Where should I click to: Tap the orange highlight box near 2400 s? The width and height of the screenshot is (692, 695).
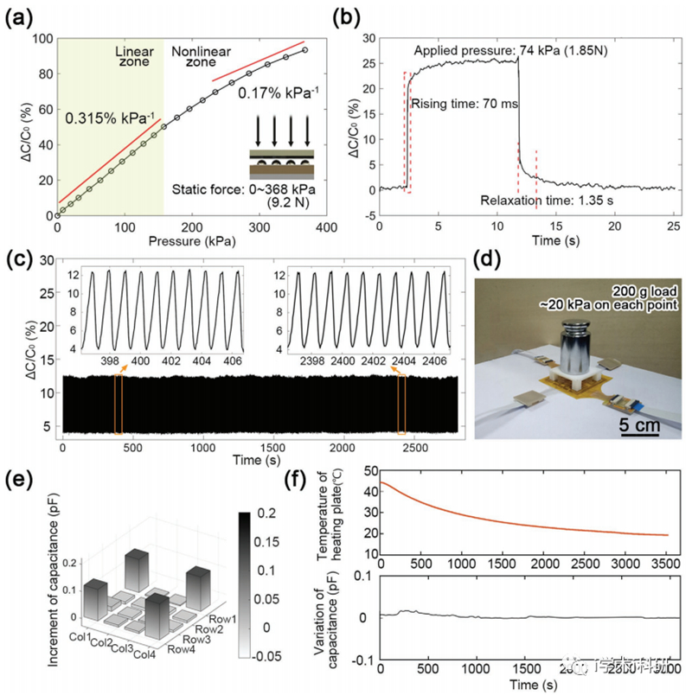401,403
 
